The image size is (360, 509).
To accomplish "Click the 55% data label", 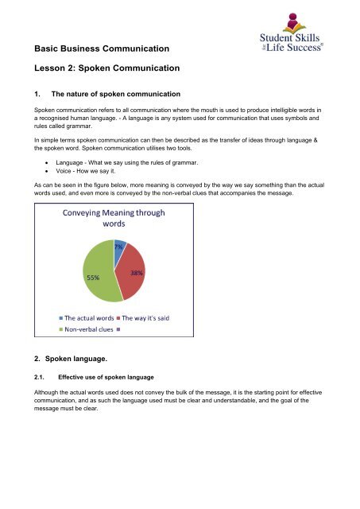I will point(93,278).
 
